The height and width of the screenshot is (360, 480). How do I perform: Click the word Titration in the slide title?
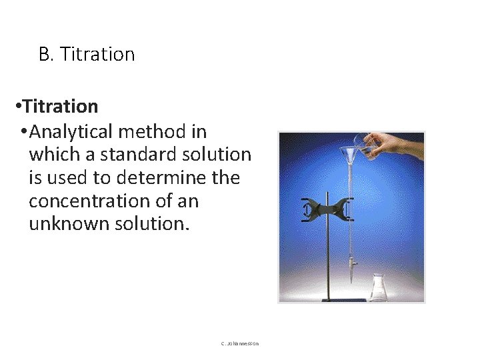[97, 54]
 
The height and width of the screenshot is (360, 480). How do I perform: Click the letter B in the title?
[45, 54]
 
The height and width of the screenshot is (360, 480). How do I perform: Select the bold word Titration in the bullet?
[60, 107]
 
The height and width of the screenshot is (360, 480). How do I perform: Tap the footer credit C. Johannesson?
[240, 344]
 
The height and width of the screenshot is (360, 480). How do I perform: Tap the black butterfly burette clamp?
[325, 209]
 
